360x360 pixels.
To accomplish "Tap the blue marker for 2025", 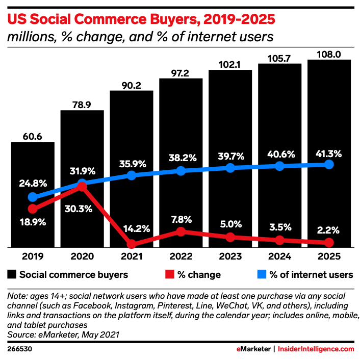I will (x=329, y=164).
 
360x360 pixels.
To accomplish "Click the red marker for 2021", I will (x=132, y=244).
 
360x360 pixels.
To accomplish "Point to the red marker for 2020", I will (x=82, y=187).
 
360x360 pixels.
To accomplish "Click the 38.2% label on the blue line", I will (x=181, y=158).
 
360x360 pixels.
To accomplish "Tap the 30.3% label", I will (x=82, y=209).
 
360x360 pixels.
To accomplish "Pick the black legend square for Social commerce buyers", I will (x=12, y=275).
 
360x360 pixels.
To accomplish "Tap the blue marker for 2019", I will (x=33, y=197).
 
